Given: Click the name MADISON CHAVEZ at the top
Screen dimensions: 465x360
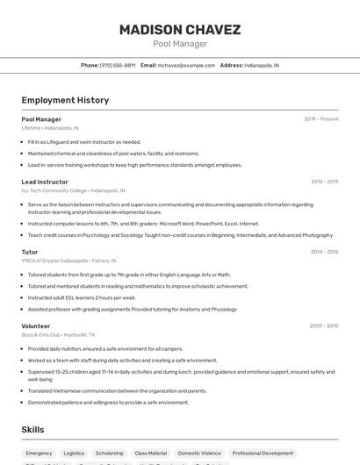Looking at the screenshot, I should tap(180, 30).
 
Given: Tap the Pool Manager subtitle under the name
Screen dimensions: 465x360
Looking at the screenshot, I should tap(180, 44).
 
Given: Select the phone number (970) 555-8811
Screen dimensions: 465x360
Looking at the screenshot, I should tap(118, 65).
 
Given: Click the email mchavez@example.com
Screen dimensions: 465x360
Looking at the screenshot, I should tap(186, 65).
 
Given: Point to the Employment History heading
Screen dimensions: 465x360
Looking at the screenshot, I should tap(65, 100).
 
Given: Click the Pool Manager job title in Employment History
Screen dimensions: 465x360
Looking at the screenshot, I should tap(41, 119).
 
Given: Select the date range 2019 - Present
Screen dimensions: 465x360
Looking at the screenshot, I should tap(320, 119).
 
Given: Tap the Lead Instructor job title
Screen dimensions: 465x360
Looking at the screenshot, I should tap(45, 182).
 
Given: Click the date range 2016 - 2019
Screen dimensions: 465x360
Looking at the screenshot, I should tap(324, 182).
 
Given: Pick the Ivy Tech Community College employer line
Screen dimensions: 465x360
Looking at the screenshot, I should tap(73, 190).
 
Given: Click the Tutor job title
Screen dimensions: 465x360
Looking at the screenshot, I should tap(30, 252).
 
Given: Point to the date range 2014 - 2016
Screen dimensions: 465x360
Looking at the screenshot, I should tap(324, 252).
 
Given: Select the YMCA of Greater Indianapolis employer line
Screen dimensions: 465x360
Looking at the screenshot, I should tap(68, 261).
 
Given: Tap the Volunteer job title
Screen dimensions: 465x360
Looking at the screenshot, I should tap(36, 326).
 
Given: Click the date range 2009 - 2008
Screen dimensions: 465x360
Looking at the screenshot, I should tap(323, 326).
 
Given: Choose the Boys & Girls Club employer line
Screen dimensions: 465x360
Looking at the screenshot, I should tap(59, 335).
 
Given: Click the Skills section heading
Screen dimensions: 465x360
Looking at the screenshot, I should tap(33, 430).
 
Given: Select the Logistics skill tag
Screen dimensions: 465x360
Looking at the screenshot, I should tap(74, 454).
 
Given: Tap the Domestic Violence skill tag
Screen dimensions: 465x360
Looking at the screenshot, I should tap(199, 454).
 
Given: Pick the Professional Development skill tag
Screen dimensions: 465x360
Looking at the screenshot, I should tap(263, 454).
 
